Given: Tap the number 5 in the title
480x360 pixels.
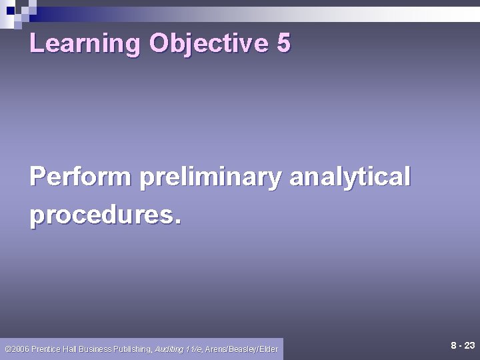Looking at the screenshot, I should point(283,43).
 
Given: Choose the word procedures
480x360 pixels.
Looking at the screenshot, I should point(100,215).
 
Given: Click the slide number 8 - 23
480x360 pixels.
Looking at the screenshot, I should point(463,346).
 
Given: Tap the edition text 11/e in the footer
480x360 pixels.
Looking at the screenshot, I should point(194,349).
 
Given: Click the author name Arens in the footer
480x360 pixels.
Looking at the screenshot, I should point(217,349).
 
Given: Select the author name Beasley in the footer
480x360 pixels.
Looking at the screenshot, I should point(244,349).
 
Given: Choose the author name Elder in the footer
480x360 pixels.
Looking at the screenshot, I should point(269,349).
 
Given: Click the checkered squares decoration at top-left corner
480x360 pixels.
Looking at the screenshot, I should point(17,12).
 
